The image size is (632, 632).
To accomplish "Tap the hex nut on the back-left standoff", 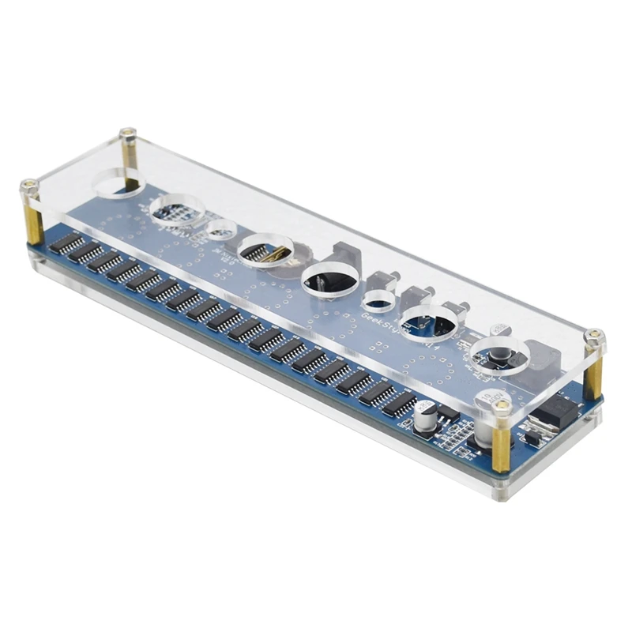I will pos(125,134).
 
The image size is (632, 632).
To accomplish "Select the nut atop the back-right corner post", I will pos(594,339).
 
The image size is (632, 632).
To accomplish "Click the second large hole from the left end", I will pos(177,210).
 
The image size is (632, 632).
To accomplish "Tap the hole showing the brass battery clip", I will pos(265,250).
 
